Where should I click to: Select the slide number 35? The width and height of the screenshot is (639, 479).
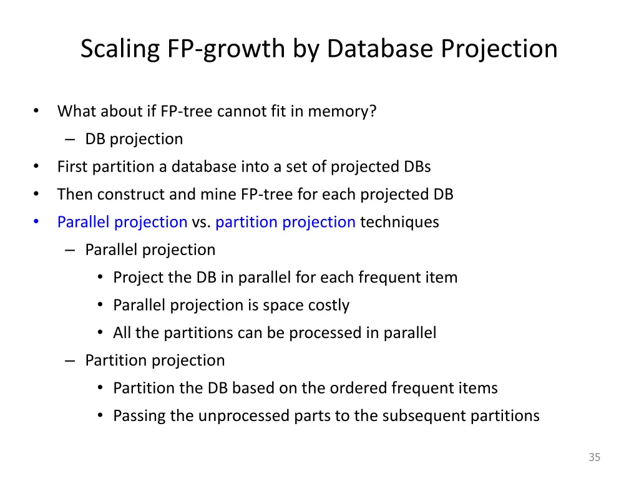click(594, 457)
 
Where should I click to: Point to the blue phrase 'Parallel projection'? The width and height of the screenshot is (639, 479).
click(122, 222)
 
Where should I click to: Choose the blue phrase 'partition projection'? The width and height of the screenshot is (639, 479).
click(285, 222)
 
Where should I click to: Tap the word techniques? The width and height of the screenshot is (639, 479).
click(399, 222)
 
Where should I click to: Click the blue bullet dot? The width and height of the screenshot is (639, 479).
click(36, 222)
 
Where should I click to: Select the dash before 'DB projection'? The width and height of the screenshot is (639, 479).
click(70, 139)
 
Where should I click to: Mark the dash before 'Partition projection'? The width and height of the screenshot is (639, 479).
click(70, 360)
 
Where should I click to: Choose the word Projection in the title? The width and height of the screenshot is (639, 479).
click(499, 49)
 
